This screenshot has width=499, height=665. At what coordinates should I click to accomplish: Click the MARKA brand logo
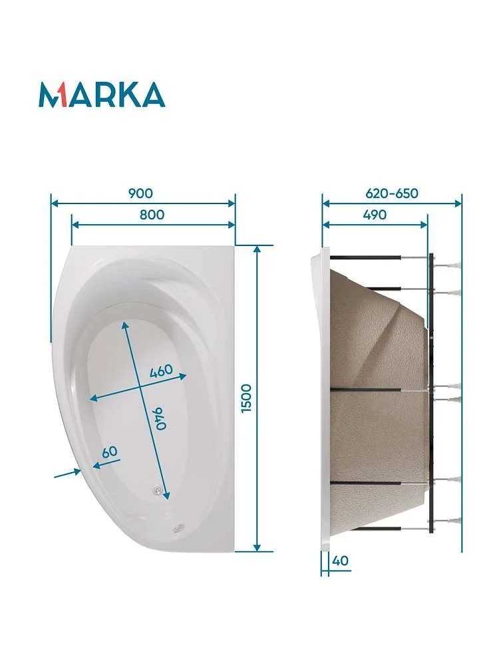click(101, 94)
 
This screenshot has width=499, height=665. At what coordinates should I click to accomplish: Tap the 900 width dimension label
click(140, 194)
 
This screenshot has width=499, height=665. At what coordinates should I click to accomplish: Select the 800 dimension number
click(152, 215)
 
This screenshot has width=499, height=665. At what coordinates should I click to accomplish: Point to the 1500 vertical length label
click(247, 398)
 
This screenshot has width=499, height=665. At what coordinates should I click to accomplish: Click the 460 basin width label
click(162, 370)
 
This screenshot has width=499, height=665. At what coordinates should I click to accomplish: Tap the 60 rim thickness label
click(110, 452)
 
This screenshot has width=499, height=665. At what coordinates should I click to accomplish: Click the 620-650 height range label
click(392, 194)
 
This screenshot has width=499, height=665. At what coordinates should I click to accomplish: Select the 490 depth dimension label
click(375, 215)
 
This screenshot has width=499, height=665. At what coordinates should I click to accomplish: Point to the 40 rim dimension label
click(340, 561)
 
